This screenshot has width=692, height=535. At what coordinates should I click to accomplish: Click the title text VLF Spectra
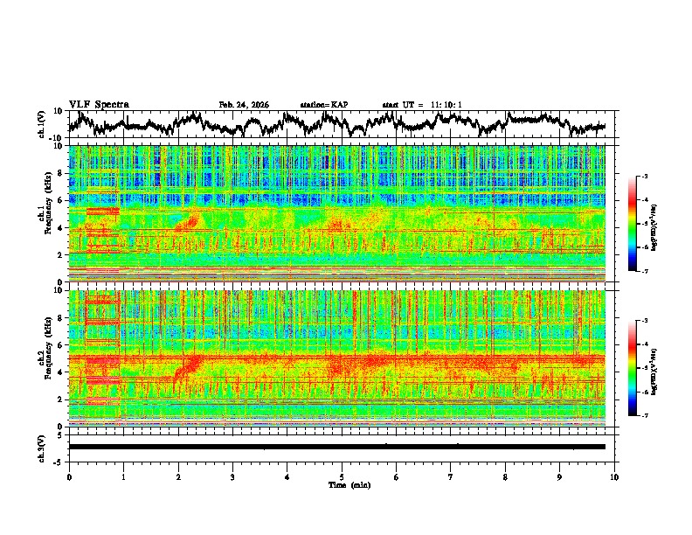coord(99,105)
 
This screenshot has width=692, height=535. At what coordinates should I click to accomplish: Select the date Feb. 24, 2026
coord(244,105)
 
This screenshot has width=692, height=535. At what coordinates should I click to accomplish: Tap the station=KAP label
coord(323,105)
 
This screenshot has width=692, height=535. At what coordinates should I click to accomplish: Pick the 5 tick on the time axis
coord(342,476)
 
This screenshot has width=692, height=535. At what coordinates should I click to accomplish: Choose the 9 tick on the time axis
coord(560,476)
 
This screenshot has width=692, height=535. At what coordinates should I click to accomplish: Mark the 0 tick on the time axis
coord(69,476)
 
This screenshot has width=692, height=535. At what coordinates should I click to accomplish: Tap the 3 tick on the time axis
coord(232,476)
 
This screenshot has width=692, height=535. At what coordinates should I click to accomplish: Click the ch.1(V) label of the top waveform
coord(43,124)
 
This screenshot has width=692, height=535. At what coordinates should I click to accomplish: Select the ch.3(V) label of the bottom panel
coord(43,447)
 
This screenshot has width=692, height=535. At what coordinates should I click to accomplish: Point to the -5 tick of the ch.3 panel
coord(59,460)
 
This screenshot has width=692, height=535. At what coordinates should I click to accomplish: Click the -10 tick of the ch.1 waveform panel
coord(56,138)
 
